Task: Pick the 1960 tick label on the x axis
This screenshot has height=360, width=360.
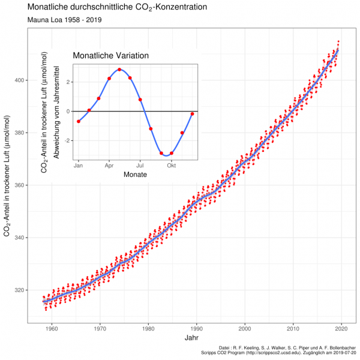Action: pyautogui.click(x=52, y=329)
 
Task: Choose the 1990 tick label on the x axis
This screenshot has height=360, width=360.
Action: pyautogui.click(x=197, y=329)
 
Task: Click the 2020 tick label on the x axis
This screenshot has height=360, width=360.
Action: pyautogui.click(x=341, y=329)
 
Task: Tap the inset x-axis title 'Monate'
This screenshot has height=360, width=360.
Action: pyautogui.click(x=135, y=174)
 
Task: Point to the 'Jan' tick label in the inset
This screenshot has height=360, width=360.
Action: pyautogui.click(x=79, y=164)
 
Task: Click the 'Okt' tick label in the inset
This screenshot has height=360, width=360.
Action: pyautogui.click(x=172, y=164)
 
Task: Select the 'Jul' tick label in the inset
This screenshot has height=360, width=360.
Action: pyautogui.click(x=140, y=164)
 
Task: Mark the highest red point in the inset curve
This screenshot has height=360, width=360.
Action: pyautogui.click(x=119, y=70)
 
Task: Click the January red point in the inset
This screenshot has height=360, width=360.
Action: pyautogui.click(x=79, y=121)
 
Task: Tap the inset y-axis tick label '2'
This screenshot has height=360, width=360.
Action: pyautogui.click(x=70, y=82)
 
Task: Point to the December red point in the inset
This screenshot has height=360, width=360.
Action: pyautogui.click(x=192, y=114)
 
